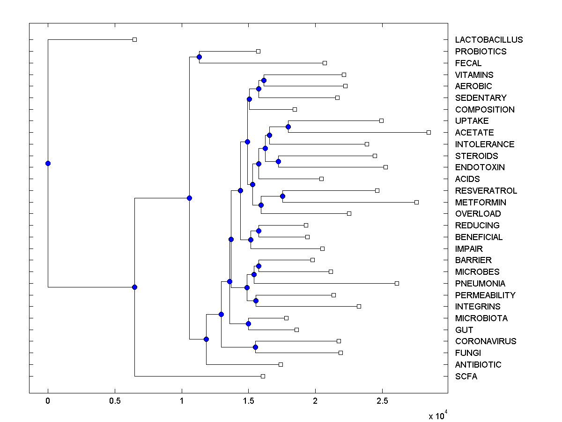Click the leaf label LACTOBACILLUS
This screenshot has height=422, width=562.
pyautogui.click(x=488, y=40)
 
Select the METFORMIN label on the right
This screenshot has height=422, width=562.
pyautogui.click(x=481, y=203)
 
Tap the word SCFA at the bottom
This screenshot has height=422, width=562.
pyautogui.click(x=466, y=377)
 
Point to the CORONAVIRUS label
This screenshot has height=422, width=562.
pyautogui.click(x=486, y=341)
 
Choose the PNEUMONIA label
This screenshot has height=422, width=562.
pyautogui.click(x=480, y=284)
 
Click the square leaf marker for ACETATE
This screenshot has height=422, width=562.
pyautogui.click(x=429, y=133)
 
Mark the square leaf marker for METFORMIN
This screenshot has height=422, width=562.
pyautogui.click(x=416, y=202)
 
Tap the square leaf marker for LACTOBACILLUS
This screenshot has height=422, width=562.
pyautogui.click(x=134, y=40)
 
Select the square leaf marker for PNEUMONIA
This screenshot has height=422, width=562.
pyautogui.click(x=397, y=283)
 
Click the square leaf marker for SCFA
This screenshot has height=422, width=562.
pyautogui.click(x=263, y=376)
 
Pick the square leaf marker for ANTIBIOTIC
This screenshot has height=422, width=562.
pyautogui.click(x=281, y=364)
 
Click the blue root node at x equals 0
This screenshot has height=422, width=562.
pyautogui.click(x=48, y=163)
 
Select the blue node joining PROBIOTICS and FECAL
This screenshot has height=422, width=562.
pyautogui.click(x=199, y=57)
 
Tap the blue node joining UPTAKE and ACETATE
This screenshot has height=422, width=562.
pyautogui.click(x=288, y=127)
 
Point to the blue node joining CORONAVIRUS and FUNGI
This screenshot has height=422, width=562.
pyautogui.click(x=255, y=347)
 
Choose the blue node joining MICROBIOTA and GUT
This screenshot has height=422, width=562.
pyautogui.click(x=248, y=324)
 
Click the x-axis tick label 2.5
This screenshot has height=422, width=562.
pyautogui.click(x=382, y=401)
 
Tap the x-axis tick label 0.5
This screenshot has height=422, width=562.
pyautogui.click(x=115, y=401)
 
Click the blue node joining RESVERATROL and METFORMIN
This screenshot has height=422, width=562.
pyautogui.click(x=282, y=196)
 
